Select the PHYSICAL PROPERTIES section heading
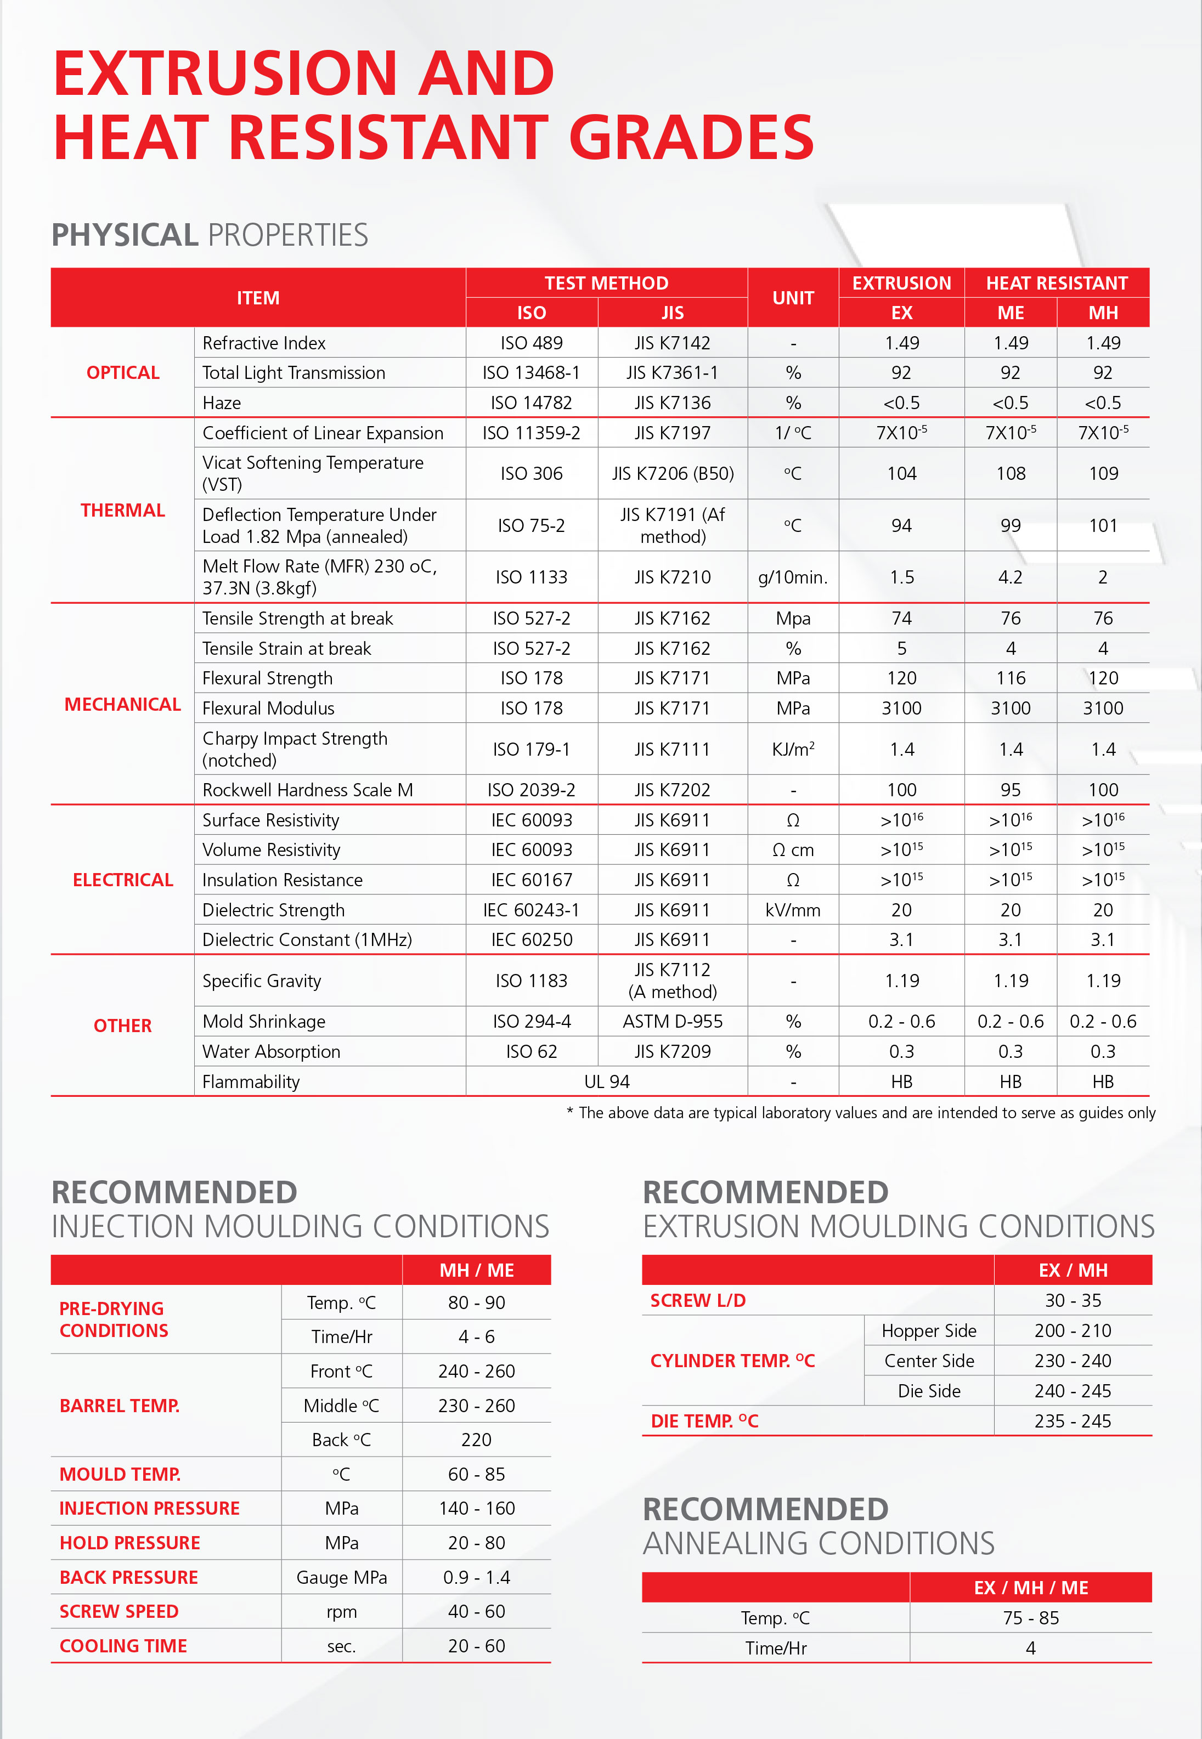[x=210, y=235]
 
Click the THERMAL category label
[x=123, y=511]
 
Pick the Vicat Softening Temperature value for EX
[x=901, y=473]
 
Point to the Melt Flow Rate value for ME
[x=1010, y=577]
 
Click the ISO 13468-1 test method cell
[x=531, y=373]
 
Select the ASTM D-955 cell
[x=672, y=1022]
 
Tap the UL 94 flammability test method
[x=606, y=1082]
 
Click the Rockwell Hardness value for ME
[x=1010, y=790]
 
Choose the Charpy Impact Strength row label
[x=295, y=749]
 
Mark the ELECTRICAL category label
[x=123, y=880]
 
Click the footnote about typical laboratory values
[x=860, y=1113]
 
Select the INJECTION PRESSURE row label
[x=149, y=1509]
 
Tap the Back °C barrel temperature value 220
[x=476, y=1440]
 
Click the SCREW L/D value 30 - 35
[x=1073, y=1300]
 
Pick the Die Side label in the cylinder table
[x=929, y=1391]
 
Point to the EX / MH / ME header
[x=1030, y=1588]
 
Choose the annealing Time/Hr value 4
[x=1030, y=1648]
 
